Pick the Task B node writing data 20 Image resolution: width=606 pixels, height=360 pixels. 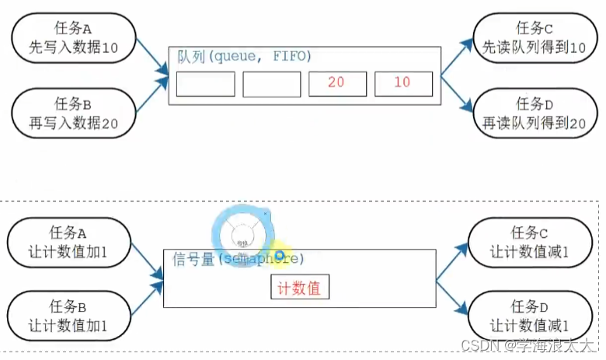75,113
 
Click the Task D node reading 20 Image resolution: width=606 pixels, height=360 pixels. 535,113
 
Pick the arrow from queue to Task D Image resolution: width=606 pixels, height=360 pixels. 458,93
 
